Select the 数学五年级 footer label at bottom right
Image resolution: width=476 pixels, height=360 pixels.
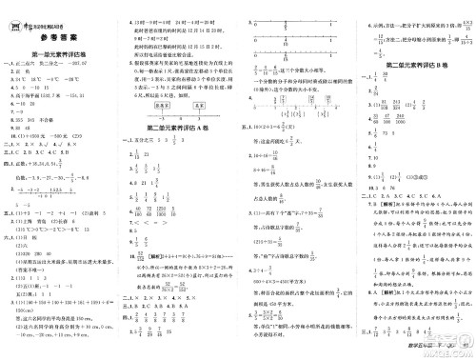[x=419, y=349]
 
